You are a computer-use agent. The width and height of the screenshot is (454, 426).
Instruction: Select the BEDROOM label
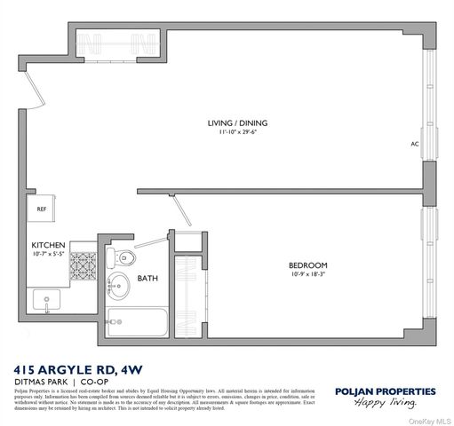tap(307, 264)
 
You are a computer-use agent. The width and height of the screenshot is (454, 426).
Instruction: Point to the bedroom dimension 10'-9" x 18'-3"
tap(307, 275)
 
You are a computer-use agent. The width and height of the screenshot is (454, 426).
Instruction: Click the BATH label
tap(147, 279)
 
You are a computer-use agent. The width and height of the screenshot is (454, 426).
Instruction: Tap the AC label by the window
tap(414, 143)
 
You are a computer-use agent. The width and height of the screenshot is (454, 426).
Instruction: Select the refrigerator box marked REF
tap(41, 209)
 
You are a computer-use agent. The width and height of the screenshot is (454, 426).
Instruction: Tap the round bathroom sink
tap(119, 287)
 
